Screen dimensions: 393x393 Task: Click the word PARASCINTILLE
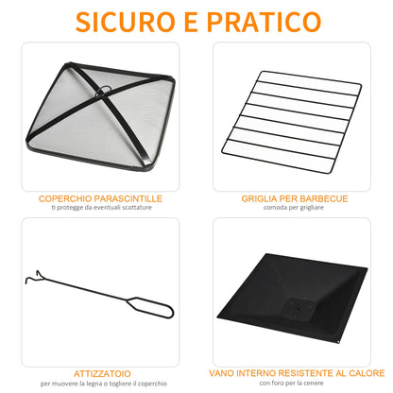131,199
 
